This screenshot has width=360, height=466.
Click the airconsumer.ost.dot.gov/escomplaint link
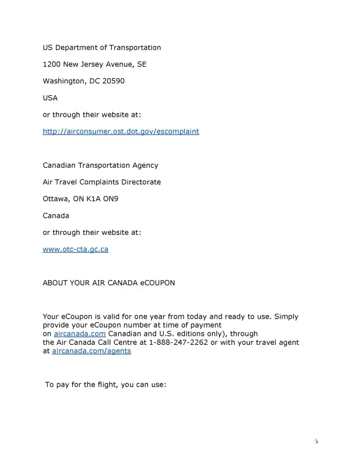pyautogui.click(x=121, y=131)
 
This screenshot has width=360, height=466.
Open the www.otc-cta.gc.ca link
pyautogui.click(x=75, y=249)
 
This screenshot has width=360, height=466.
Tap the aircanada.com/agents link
pyautogui.click(x=91, y=351)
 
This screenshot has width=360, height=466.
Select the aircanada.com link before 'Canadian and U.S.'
pyautogui.click(x=80, y=334)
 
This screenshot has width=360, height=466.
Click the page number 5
pyautogui.click(x=316, y=441)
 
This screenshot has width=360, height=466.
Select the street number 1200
pyautogui.click(x=51, y=64)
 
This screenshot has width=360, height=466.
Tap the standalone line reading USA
pyautogui.click(x=50, y=98)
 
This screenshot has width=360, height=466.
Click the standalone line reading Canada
pyautogui.click(x=56, y=216)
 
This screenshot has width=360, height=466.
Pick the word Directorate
pyautogui.click(x=139, y=182)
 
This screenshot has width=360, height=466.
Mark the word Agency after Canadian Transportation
pyautogui.click(x=145, y=165)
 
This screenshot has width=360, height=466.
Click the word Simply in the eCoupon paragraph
pyautogui.click(x=286, y=317)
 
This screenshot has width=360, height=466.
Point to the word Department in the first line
pyautogui.click(x=77, y=48)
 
